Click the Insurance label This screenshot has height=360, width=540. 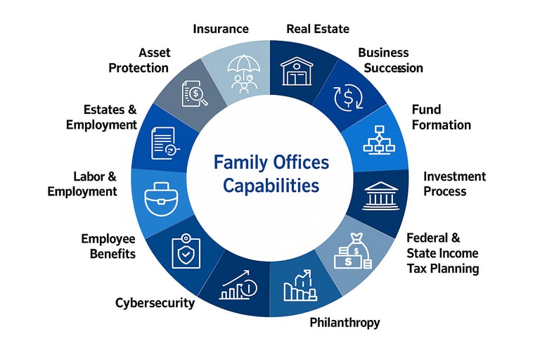click(221, 29)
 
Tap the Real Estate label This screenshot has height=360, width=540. click(318, 29)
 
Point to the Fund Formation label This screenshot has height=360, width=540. click(441, 117)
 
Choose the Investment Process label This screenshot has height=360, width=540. click(454, 184)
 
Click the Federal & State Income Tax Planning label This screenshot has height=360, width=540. click(442, 253)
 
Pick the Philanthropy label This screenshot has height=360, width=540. click(345, 323)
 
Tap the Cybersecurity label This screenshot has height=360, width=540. click(155, 303)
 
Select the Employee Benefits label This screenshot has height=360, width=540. click(108, 246)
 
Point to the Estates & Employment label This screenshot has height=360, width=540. click(101, 117)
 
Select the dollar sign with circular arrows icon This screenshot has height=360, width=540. click(347, 97)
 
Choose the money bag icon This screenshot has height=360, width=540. click(354, 251)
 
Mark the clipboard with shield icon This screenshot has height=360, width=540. click(185, 250)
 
